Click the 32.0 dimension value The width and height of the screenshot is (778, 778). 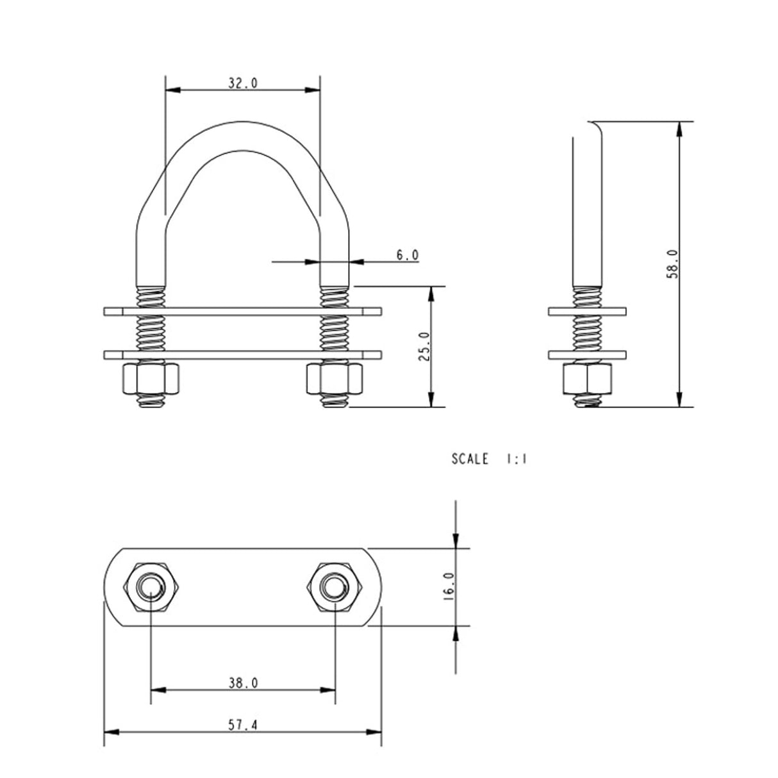pos(242,83)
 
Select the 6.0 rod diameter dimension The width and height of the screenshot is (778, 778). pos(407,255)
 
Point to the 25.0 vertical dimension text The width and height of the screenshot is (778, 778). pos(424,347)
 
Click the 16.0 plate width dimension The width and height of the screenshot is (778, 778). pos(448,586)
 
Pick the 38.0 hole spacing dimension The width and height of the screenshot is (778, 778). pos(243,683)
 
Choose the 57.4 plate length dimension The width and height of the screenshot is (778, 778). pos(243,725)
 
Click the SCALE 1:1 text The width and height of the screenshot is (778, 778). pos(488,459)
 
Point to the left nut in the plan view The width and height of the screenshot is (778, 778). pos(151,587)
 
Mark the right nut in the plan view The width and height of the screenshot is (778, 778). pos(335,587)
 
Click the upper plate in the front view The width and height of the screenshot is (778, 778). pos(242,312)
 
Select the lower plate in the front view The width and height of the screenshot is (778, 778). pos(242,354)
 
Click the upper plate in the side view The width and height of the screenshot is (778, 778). pos(588,312)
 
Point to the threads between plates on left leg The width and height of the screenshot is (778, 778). pos(153,333)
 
